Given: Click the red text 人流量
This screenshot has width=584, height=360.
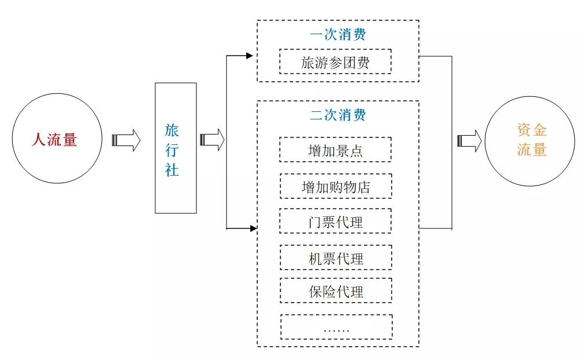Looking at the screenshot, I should [x=53, y=140].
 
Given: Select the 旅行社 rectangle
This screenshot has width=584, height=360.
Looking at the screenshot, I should [x=176, y=148].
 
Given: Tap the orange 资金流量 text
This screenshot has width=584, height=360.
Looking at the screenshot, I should [x=532, y=140].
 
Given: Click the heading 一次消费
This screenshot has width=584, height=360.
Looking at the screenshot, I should [x=338, y=34].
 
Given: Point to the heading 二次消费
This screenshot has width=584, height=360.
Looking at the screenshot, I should [x=338, y=114].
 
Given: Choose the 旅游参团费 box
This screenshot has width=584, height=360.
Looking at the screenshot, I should [x=335, y=61].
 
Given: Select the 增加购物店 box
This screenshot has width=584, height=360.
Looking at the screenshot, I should [x=335, y=186].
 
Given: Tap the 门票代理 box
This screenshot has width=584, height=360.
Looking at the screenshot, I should [x=335, y=221].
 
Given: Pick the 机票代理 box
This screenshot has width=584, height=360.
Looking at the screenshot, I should [x=335, y=257].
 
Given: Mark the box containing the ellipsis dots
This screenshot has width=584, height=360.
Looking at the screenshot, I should [x=336, y=327].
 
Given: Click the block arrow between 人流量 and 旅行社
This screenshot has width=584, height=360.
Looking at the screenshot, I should [x=126, y=140].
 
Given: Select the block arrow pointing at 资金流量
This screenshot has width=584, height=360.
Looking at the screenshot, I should [x=469, y=140].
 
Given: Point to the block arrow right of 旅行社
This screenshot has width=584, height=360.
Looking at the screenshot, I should [x=212, y=140].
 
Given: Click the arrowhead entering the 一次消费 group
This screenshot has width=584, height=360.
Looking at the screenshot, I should [x=250, y=56].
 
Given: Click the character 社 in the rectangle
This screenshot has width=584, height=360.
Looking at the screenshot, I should [x=172, y=170].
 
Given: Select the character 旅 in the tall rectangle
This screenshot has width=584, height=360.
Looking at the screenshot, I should [x=172, y=129].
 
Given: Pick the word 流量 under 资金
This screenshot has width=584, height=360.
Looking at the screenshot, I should [x=532, y=150].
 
